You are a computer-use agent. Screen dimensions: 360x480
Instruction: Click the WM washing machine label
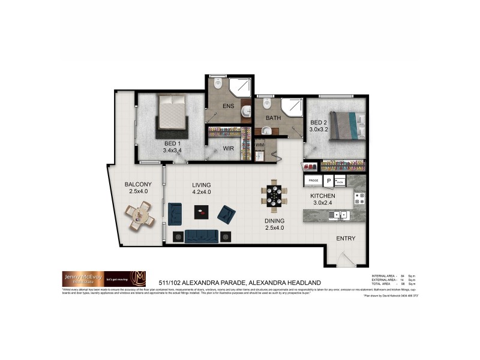[x=260, y=145]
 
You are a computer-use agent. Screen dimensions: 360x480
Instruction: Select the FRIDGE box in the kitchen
[x=313, y=180]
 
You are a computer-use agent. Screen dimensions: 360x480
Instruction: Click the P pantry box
[x=328, y=180]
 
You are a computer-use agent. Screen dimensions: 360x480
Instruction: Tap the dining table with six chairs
[x=273, y=197]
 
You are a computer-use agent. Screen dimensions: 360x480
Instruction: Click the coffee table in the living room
[x=201, y=211]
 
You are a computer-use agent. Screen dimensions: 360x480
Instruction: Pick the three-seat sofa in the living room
[x=201, y=236]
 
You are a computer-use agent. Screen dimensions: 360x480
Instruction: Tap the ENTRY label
[x=346, y=239]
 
